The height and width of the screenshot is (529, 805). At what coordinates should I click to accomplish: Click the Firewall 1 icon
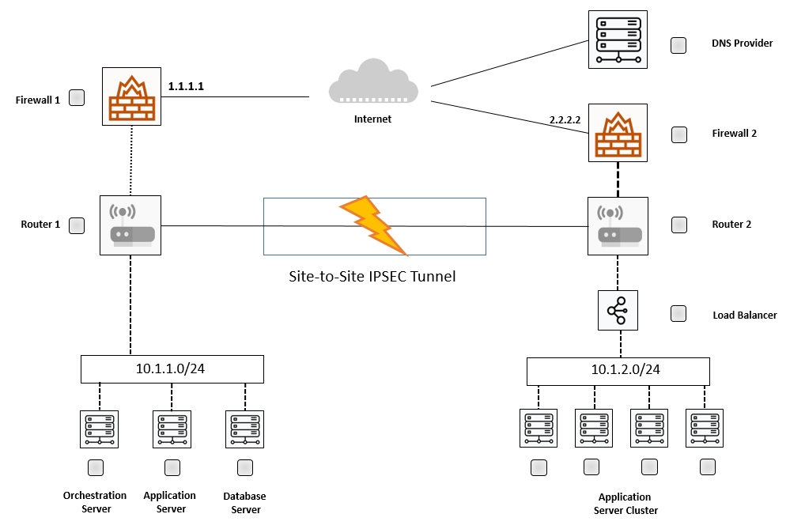(131, 96)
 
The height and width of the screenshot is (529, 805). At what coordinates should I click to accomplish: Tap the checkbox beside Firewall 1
(77, 98)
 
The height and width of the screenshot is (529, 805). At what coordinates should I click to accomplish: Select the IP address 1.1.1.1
(186, 86)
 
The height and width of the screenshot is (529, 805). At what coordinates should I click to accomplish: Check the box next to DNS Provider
(678, 45)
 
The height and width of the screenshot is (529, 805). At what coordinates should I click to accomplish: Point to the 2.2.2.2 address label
(565, 119)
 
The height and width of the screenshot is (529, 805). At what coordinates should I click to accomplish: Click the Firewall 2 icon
(618, 133)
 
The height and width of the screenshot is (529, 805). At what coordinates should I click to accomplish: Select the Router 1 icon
(130, 225)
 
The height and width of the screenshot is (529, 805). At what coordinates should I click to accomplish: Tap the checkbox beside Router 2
(679, 225)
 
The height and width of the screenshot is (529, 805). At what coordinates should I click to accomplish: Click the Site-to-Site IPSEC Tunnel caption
(372, 278)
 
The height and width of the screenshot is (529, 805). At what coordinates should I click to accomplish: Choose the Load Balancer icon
(618, 310)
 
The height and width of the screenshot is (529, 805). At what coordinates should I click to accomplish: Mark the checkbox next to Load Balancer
(678, 314)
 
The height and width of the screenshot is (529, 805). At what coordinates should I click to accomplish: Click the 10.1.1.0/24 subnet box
(172, 369)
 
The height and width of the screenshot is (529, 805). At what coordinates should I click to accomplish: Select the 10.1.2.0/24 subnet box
(618, 370)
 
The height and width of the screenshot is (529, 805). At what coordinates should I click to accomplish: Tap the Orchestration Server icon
(99, 429)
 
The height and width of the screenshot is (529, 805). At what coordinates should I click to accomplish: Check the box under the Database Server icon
(245, 467)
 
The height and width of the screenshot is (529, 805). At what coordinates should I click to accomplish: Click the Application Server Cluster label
(625, 504)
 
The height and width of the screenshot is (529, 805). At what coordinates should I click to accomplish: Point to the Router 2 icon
(618, 226)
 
